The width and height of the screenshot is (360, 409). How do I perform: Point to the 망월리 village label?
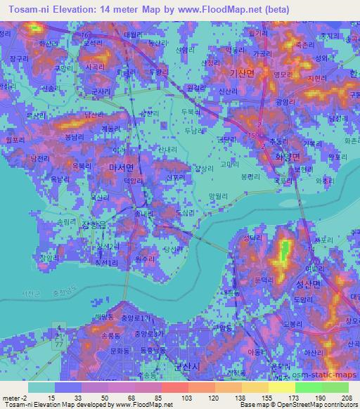pos(219,197)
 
